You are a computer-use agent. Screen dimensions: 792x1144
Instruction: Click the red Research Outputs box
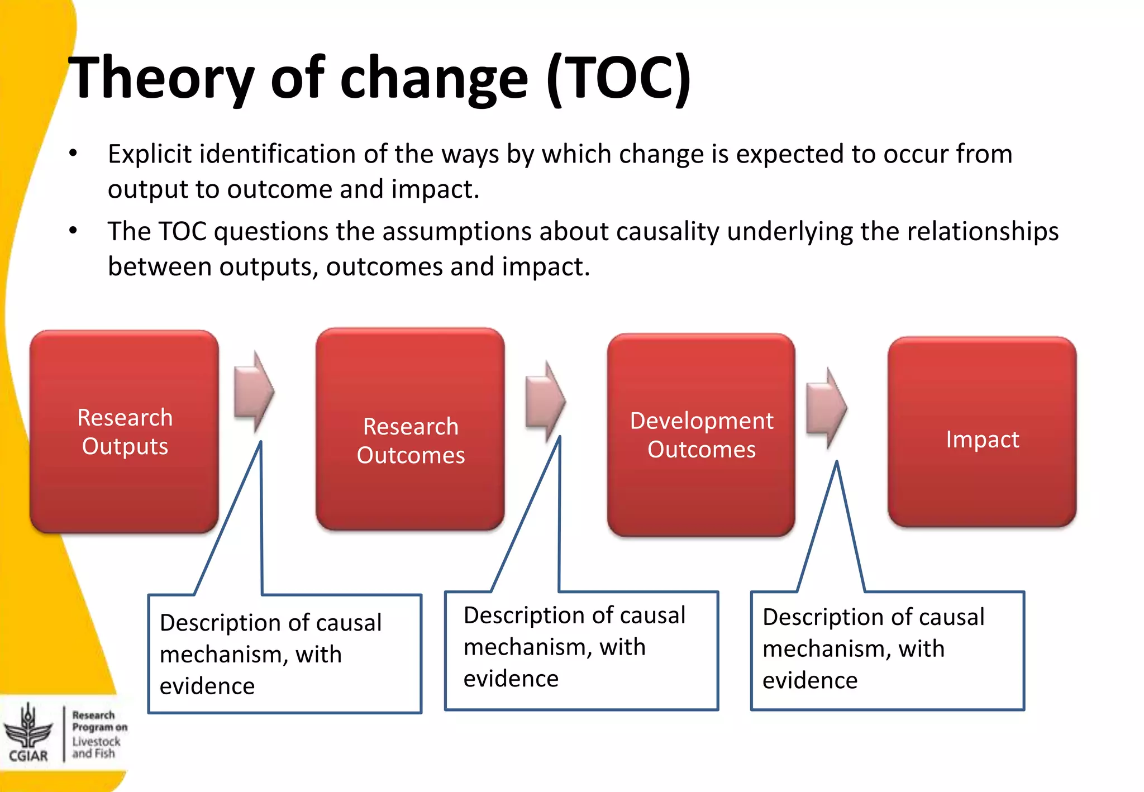tap(124, 431)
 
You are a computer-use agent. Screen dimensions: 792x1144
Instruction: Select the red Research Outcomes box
tap(410, 429)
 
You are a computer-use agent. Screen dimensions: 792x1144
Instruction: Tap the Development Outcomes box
tap(701, 435)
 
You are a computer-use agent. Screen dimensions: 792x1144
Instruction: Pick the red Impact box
tap(982, 432)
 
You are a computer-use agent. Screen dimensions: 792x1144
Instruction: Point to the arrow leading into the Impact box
tap(827, 408)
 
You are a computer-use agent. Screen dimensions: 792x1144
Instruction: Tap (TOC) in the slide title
tap(619, 78)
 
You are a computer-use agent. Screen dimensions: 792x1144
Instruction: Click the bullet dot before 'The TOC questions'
tap(73, 230)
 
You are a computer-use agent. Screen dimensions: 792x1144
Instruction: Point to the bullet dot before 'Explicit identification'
tap(73, 153)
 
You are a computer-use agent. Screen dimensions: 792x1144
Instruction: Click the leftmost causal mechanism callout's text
tap(270, 653)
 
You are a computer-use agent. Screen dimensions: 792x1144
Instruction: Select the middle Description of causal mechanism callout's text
tap(574, 646)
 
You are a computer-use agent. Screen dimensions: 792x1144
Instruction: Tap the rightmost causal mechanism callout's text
tap(873, 648)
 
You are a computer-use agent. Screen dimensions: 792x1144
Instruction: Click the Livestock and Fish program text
tap(96, 747)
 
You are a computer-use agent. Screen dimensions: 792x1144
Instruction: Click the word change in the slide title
tap(433, 78)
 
